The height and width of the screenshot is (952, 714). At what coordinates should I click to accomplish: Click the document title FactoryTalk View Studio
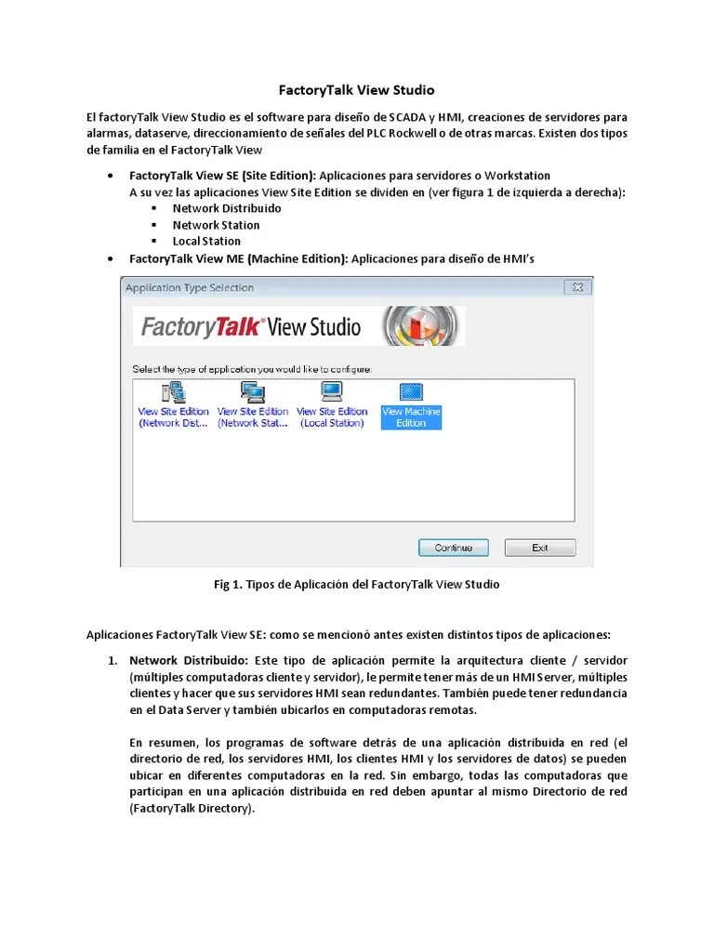click(357, 90)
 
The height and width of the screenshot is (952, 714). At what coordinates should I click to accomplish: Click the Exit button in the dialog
click(539, 548)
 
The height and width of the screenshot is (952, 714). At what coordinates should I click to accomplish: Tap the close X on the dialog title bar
click(577, 287)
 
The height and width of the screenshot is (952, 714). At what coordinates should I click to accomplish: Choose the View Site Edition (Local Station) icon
click(332, 392)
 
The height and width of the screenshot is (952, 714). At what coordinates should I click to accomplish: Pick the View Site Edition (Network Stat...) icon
click(253, 392)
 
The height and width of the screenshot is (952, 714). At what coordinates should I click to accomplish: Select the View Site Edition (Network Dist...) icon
click(174, 392)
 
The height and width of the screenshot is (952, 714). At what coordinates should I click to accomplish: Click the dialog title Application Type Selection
click(190, 288)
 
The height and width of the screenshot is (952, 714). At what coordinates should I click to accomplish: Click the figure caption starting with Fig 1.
click(357, 585)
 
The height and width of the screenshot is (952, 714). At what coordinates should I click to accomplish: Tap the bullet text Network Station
click(216, 225)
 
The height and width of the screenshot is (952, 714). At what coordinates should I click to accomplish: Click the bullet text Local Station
click(206, 241)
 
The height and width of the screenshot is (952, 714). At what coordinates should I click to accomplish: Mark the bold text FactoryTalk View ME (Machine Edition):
click(239, 258)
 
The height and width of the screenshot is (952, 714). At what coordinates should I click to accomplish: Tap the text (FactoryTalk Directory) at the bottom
click(192, 808)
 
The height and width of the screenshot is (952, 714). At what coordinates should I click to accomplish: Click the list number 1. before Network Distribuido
click(112, 660)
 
